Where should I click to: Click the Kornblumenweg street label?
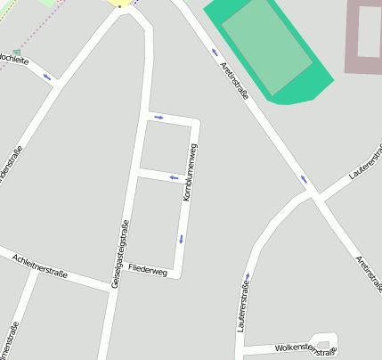(x=189, y=172)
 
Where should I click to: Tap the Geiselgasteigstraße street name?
(x=119, y=254)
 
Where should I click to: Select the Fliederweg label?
(x=147, y=268)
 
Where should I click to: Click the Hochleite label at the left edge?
(x=12, y=61)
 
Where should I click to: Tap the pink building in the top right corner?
(x=364, y=37)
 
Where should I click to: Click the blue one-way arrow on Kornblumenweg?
(x=181, y=238)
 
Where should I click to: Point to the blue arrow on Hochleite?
(x=45, y=77)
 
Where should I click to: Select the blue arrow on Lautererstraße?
(x=247, y=276)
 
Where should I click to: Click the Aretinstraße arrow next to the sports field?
(x=215, y=52)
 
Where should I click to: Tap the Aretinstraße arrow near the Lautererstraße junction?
(x=304, y=179)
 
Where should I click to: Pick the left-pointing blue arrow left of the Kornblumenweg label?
(x=174, y=178)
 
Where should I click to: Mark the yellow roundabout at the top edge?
(x=118, y=3)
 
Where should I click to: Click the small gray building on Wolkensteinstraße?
(x=322, y=346)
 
